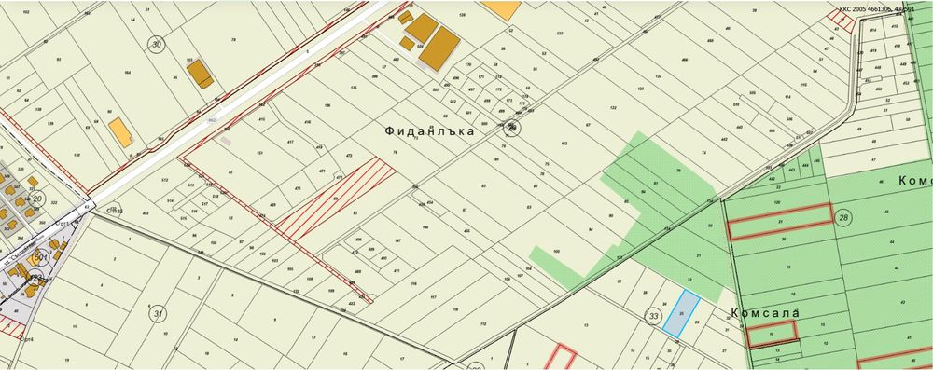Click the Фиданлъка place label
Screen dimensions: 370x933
429,131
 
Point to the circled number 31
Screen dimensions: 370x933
159,313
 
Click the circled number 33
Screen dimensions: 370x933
652,317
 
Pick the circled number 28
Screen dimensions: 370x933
843,217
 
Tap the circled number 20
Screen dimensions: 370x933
37,199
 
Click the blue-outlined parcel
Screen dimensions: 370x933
680,312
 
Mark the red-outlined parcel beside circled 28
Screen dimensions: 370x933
779,222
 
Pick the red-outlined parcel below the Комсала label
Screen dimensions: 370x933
771,331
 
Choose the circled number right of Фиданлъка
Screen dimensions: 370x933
512,129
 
